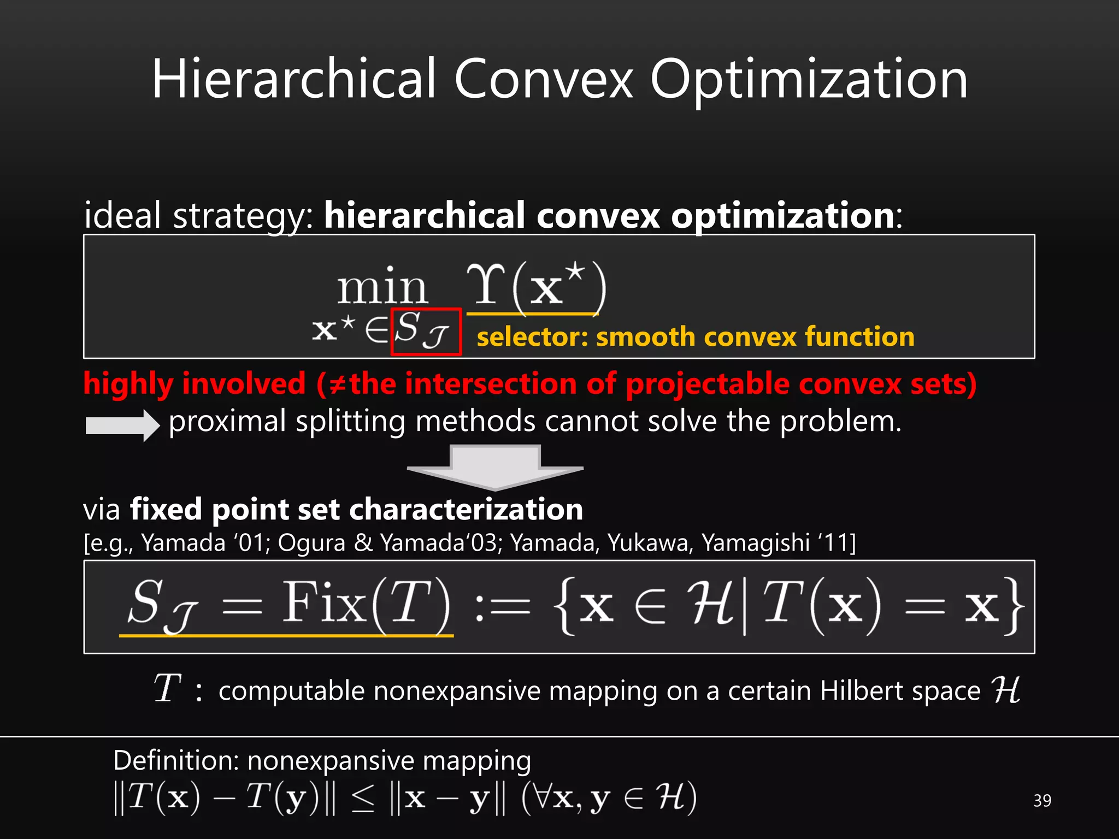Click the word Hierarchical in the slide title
[x=294, y=80]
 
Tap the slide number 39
[x=1042, y=801]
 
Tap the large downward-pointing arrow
[x=495, y=466]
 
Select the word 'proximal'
[x=227, y=422]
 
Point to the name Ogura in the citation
[x=311, y=543]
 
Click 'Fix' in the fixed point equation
[x=324, y=603]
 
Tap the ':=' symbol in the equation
[x=502, y=607]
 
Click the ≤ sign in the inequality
[x=363, y=799]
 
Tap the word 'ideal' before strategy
[x=123, y=215]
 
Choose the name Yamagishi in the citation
[x=756, y=543]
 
